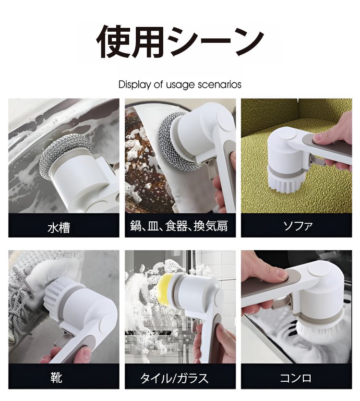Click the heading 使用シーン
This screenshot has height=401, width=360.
click(x=180, y=42)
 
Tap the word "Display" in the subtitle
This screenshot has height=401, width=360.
click(x=135, y=85)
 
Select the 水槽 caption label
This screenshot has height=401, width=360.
click(x=59, y=227)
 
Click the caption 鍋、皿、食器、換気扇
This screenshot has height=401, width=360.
click(x=179, y=226)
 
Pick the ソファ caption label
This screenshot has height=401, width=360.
click(x=298, y=226)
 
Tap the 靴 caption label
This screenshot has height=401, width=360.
click(x=56, y=377)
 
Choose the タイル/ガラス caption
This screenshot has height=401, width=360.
click(x=174, y=378)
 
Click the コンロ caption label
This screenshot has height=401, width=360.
click(x=296, y=378)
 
